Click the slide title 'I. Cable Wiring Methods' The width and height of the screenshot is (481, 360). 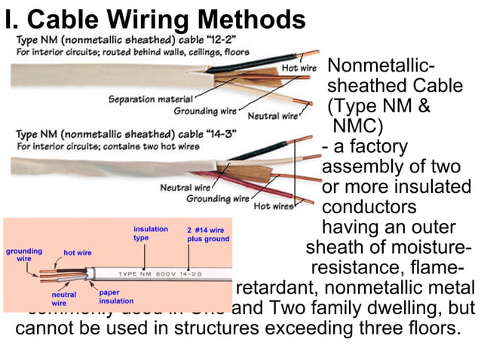[155, 19]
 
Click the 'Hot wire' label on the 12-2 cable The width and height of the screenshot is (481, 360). [299, 68]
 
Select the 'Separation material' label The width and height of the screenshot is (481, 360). [152, 99]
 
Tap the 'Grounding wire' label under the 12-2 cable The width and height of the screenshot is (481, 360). [206, 111]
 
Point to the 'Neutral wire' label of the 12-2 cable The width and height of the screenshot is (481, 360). [273, 117]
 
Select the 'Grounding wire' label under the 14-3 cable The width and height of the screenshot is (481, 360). [218, 199]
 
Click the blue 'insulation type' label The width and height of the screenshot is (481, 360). [151, 233]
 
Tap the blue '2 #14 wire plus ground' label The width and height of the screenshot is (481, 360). [208, 233]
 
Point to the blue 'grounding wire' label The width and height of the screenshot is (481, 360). [24, 255]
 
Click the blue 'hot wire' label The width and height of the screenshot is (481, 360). [78, 254]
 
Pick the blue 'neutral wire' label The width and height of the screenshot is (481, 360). [63, 299]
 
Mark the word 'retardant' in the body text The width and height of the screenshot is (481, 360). [274, 288]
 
